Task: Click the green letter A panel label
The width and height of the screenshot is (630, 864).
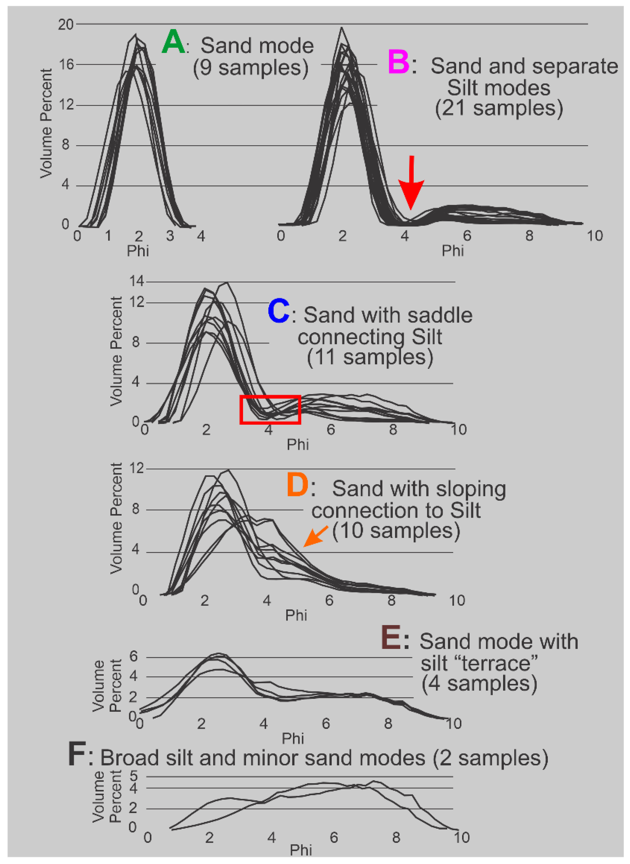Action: [173, 42]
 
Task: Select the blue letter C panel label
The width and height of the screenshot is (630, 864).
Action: [278, 311]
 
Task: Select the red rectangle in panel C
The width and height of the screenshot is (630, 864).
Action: [270, 409]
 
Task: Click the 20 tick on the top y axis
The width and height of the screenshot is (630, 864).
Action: [66, 25]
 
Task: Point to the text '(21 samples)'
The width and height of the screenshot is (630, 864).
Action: [499, 108]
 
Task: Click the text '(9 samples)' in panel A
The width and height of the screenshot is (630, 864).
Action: [251, 68]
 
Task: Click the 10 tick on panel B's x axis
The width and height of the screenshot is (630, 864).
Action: [594, 236]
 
